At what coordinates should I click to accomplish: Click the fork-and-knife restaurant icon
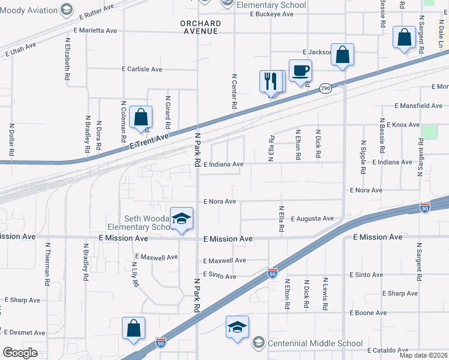270,81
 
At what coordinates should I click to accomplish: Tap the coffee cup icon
300,71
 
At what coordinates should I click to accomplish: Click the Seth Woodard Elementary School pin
181,220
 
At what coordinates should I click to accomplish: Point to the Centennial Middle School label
315,343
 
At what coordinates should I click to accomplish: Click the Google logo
20,353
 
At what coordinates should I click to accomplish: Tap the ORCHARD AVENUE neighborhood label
200,27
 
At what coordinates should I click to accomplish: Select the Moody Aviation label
29,9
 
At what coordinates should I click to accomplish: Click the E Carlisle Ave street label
142,69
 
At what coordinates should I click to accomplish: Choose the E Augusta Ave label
312,218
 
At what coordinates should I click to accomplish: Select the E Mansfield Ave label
418,106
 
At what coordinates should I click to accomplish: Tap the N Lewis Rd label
325,293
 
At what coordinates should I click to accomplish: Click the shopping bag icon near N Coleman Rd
140,118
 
